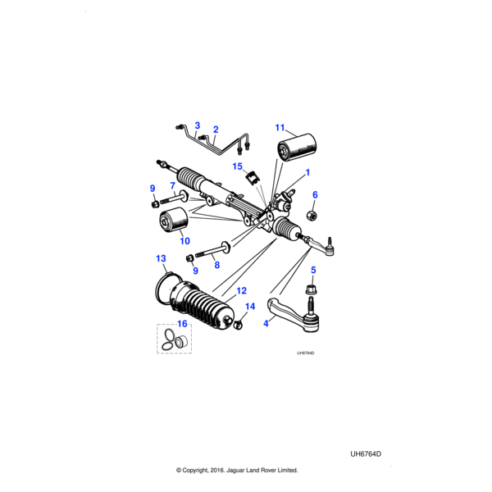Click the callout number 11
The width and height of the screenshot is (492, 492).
(280, 128)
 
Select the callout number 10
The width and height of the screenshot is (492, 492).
(184, 241)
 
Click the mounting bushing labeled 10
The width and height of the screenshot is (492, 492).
(174, 221)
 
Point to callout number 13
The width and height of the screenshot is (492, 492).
(161, 258)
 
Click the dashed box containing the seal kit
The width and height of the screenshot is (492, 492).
(174, 339)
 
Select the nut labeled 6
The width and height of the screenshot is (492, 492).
(312, 215)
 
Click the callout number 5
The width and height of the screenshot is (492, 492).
(312, 270)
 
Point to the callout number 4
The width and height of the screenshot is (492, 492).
(266, 323)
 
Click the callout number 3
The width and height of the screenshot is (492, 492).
(197, 125)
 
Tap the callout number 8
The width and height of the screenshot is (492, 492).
(217, 264)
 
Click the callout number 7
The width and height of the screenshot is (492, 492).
(172, 185)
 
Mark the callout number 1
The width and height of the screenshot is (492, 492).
(307, 172)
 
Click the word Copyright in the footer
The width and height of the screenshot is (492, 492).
(203, 471)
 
